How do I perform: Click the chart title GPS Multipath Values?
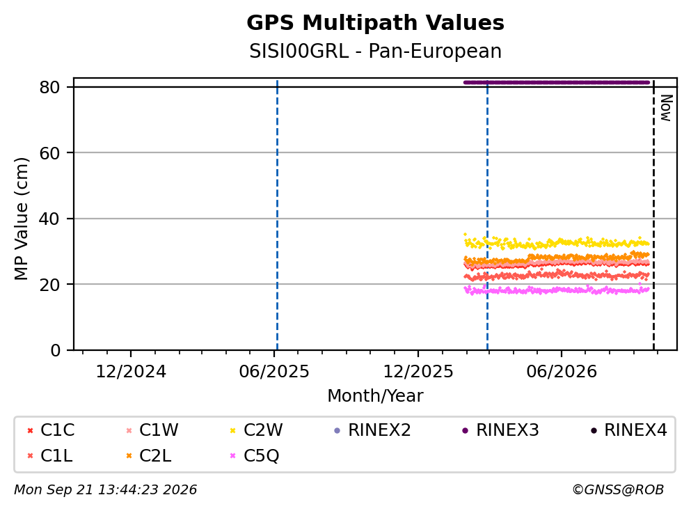pos(375,23)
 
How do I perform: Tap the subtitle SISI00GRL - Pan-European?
pos(375,51)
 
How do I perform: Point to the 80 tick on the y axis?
pos(49,87)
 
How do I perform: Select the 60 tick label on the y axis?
pos(49,153)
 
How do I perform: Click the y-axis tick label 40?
pos(49,219)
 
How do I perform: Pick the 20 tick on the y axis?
pos(49,285)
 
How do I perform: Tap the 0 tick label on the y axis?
pos(56,350)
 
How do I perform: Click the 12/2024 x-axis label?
pos(131,372)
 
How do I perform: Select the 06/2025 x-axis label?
pos(274,372)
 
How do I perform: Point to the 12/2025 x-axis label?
pos(418,372)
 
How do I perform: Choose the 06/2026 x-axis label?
pos(562,372)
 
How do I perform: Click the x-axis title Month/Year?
pos(375,396)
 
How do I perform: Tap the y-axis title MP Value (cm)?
pos(21,219)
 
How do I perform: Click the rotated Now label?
pos(666,108)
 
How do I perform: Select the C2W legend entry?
pos(257,430)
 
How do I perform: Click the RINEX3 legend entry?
pos(500,430)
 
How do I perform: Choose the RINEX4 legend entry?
pos(629,430)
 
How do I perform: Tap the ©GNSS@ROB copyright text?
pos(618,490)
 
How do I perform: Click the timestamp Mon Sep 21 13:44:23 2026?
pos(105,490)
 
